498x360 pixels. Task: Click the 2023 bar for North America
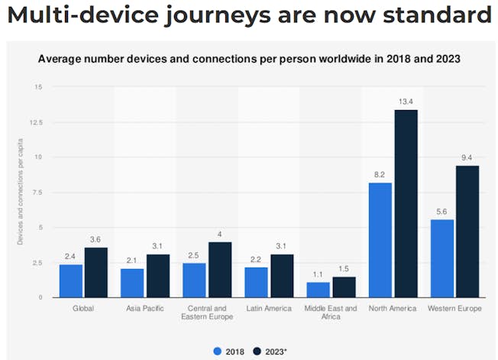406,203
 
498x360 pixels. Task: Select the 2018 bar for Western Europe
441,258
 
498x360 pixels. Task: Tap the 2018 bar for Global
71,281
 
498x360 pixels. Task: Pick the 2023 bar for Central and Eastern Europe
220,269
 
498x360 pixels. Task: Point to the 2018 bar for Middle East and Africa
318,290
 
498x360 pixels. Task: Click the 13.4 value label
406,102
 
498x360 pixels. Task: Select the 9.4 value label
467,157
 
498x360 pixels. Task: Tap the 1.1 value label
318,275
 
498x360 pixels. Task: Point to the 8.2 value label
380,175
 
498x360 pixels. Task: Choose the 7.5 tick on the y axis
37,193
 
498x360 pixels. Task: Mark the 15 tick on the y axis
38,87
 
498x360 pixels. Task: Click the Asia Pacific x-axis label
145,308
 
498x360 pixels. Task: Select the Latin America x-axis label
269,308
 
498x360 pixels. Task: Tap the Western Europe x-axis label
454,308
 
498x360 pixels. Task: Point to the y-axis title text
21,192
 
